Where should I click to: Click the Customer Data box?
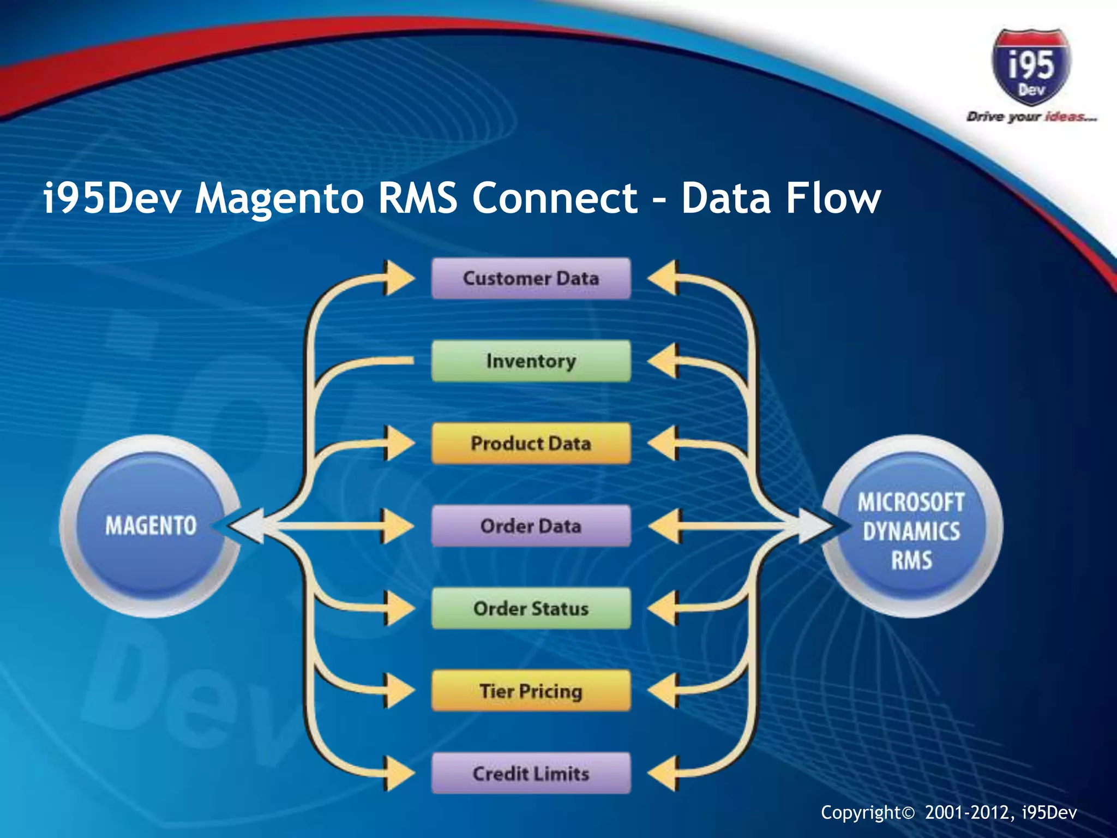click(531, 278)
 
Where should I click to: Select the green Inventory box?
click(531, 361)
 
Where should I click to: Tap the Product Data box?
click(531, 443)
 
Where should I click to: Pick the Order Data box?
click(531, 526)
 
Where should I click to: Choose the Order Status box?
click(531, 608)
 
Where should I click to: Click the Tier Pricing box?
click(531, 691)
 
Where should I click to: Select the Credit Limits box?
click(531, 773)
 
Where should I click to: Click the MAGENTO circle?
click(151, 526)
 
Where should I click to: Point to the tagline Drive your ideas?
click(1031, 117)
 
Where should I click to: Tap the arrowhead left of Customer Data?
click(398, 278)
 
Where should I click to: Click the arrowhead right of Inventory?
click(664, 361)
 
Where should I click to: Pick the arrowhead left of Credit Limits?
click(398, 773)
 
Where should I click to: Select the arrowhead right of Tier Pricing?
click(664, 691)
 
